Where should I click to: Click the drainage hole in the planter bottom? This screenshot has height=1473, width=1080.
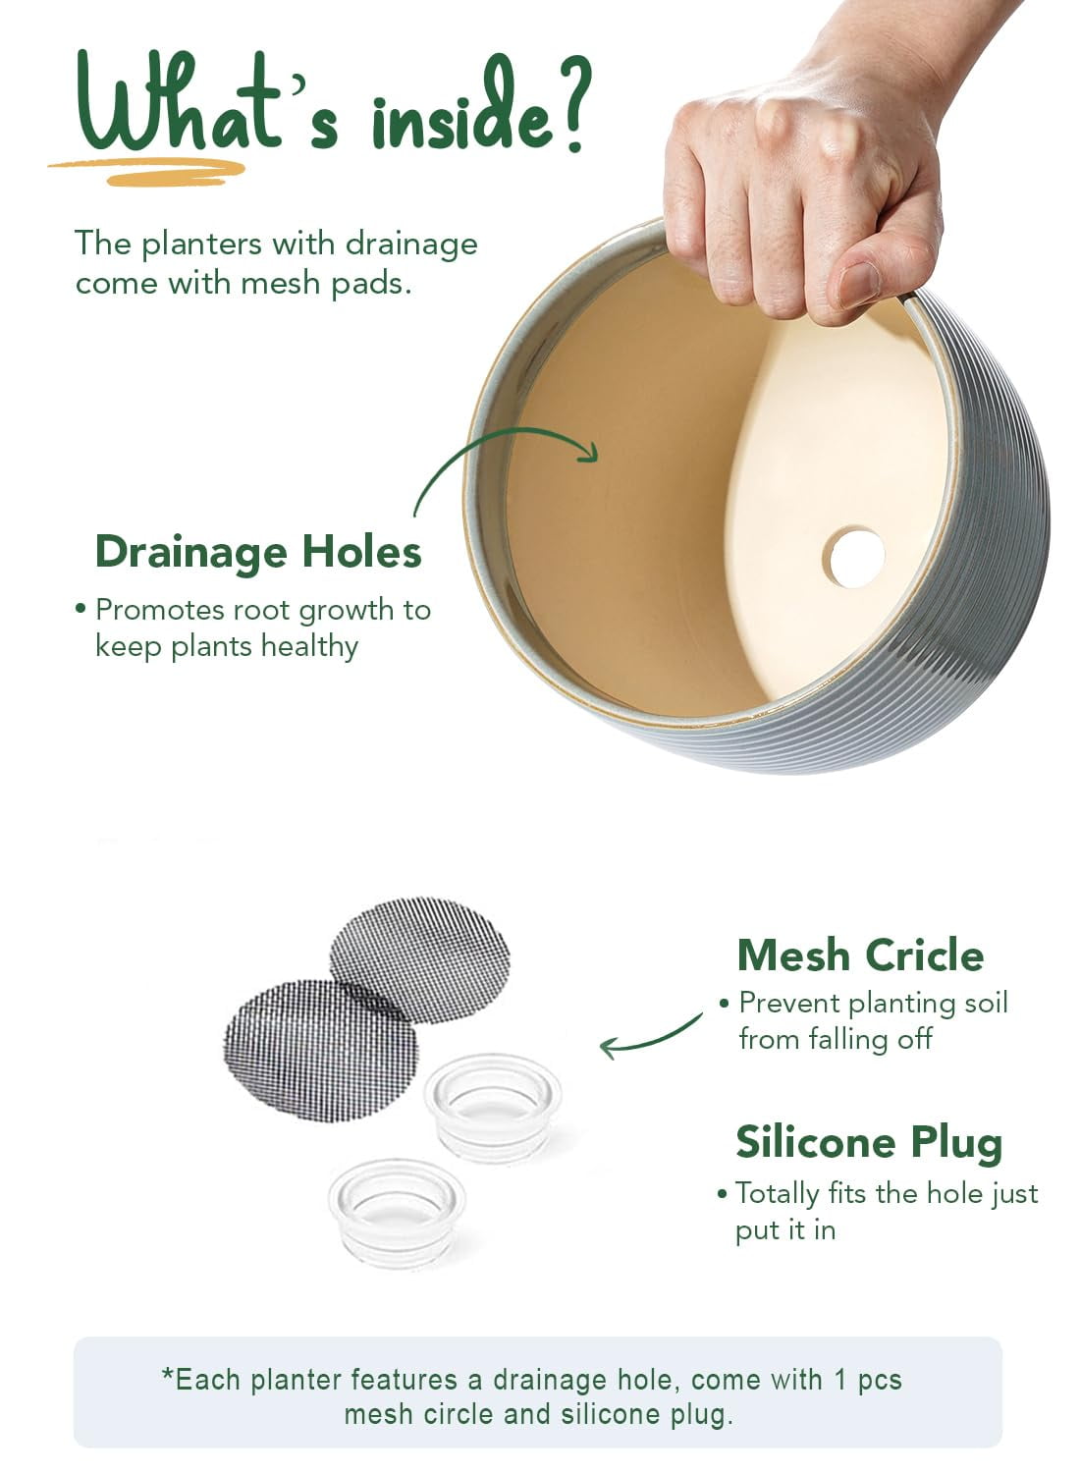(856, 559)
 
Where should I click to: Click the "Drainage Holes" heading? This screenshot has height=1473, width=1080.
(258, 553)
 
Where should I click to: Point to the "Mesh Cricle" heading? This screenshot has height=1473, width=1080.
(860, 955)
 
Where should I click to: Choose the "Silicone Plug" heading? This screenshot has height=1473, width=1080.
(869, 1144)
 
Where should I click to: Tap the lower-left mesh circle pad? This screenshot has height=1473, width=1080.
(321, 1050)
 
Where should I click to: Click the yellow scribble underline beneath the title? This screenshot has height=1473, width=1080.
(147, 171)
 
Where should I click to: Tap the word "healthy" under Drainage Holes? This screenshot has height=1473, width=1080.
(309, 646)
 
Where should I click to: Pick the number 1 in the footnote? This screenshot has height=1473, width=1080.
(840, 1380)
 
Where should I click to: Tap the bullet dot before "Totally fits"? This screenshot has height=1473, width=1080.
(723, 1193)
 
